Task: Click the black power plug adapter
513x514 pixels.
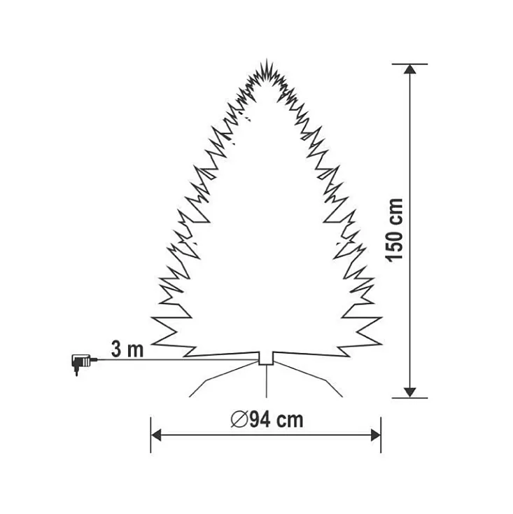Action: [x=78, y=363]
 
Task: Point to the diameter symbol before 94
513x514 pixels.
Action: [x=237, y=419]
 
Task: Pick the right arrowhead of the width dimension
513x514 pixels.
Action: [x=375, y=435]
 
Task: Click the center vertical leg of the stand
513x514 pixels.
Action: [x=267, y=382]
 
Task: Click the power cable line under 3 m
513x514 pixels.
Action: [x=175, y=360]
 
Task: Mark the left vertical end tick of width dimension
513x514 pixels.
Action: [x=151, y=435]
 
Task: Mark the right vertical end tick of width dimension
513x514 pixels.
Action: [x=381, y=435]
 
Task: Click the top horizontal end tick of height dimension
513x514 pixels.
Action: [x=410, y=64]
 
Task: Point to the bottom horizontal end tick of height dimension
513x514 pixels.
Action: [x=410, y=398]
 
